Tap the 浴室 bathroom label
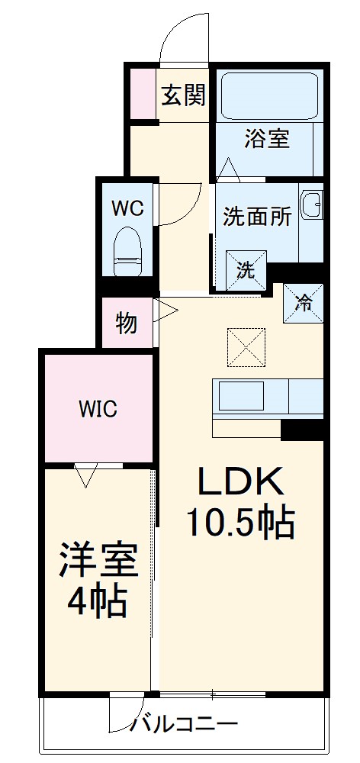click(x=267, y=139)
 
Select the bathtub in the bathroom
click(x=268, y=95)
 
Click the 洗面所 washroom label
click(x=257, y=217)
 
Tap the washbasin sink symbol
click(x=312, y=204)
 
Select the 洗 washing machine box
click(x=246, y=269)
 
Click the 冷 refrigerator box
click(x=303, y=301)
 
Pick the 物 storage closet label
click(x=127, y=323)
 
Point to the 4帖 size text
click(x=97, y=602)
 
